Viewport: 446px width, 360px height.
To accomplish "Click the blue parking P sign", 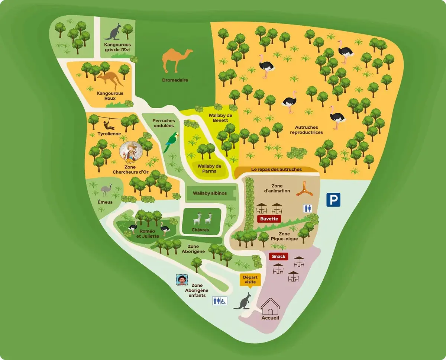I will [333, 200].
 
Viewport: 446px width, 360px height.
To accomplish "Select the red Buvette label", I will [269, 219].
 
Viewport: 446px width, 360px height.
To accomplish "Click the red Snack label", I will [279, 257].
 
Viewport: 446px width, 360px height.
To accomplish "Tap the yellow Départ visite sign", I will [249, 280].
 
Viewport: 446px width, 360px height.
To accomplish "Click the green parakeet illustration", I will [172, 142].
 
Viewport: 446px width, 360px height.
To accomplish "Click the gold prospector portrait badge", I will [130, 152].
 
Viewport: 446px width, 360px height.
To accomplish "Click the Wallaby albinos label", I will [210, 193].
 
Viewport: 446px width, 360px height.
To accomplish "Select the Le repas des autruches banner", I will [277, 170].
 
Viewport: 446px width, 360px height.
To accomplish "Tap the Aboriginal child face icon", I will [182, 280].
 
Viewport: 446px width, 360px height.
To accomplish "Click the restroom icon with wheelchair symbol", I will [219, 301].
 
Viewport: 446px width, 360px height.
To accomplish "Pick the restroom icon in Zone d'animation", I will [307, 208].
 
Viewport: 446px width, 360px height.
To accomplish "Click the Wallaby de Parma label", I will [209, 168].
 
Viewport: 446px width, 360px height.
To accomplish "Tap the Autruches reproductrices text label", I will [306, 130].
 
